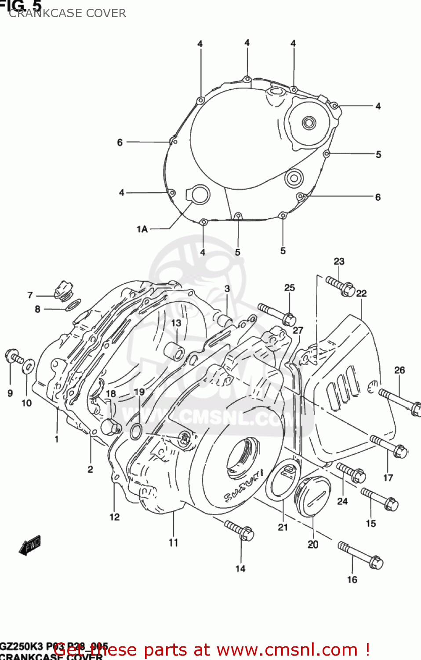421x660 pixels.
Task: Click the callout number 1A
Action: pyautogui.click(x=142, y=229)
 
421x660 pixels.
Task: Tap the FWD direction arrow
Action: pyautogui.click(x=30, y=545)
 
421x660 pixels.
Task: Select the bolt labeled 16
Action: pyautogui.click(x=360, y=555)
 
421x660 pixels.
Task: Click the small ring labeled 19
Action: pyautogui.click(x=136, y=432)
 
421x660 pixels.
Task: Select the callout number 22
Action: pyautogui.click(x=361, y=293)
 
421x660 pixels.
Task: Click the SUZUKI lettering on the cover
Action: pyautogui.click(x=244, y=485)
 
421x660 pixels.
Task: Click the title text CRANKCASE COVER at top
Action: pyautogui.click(x=67, y=13)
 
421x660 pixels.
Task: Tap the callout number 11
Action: pyautogui.click(x=174, y=543)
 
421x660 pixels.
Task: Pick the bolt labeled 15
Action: pyautogui.click(x=380, y=499)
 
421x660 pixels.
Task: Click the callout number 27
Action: pyautogui.click(x=298, y=330)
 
